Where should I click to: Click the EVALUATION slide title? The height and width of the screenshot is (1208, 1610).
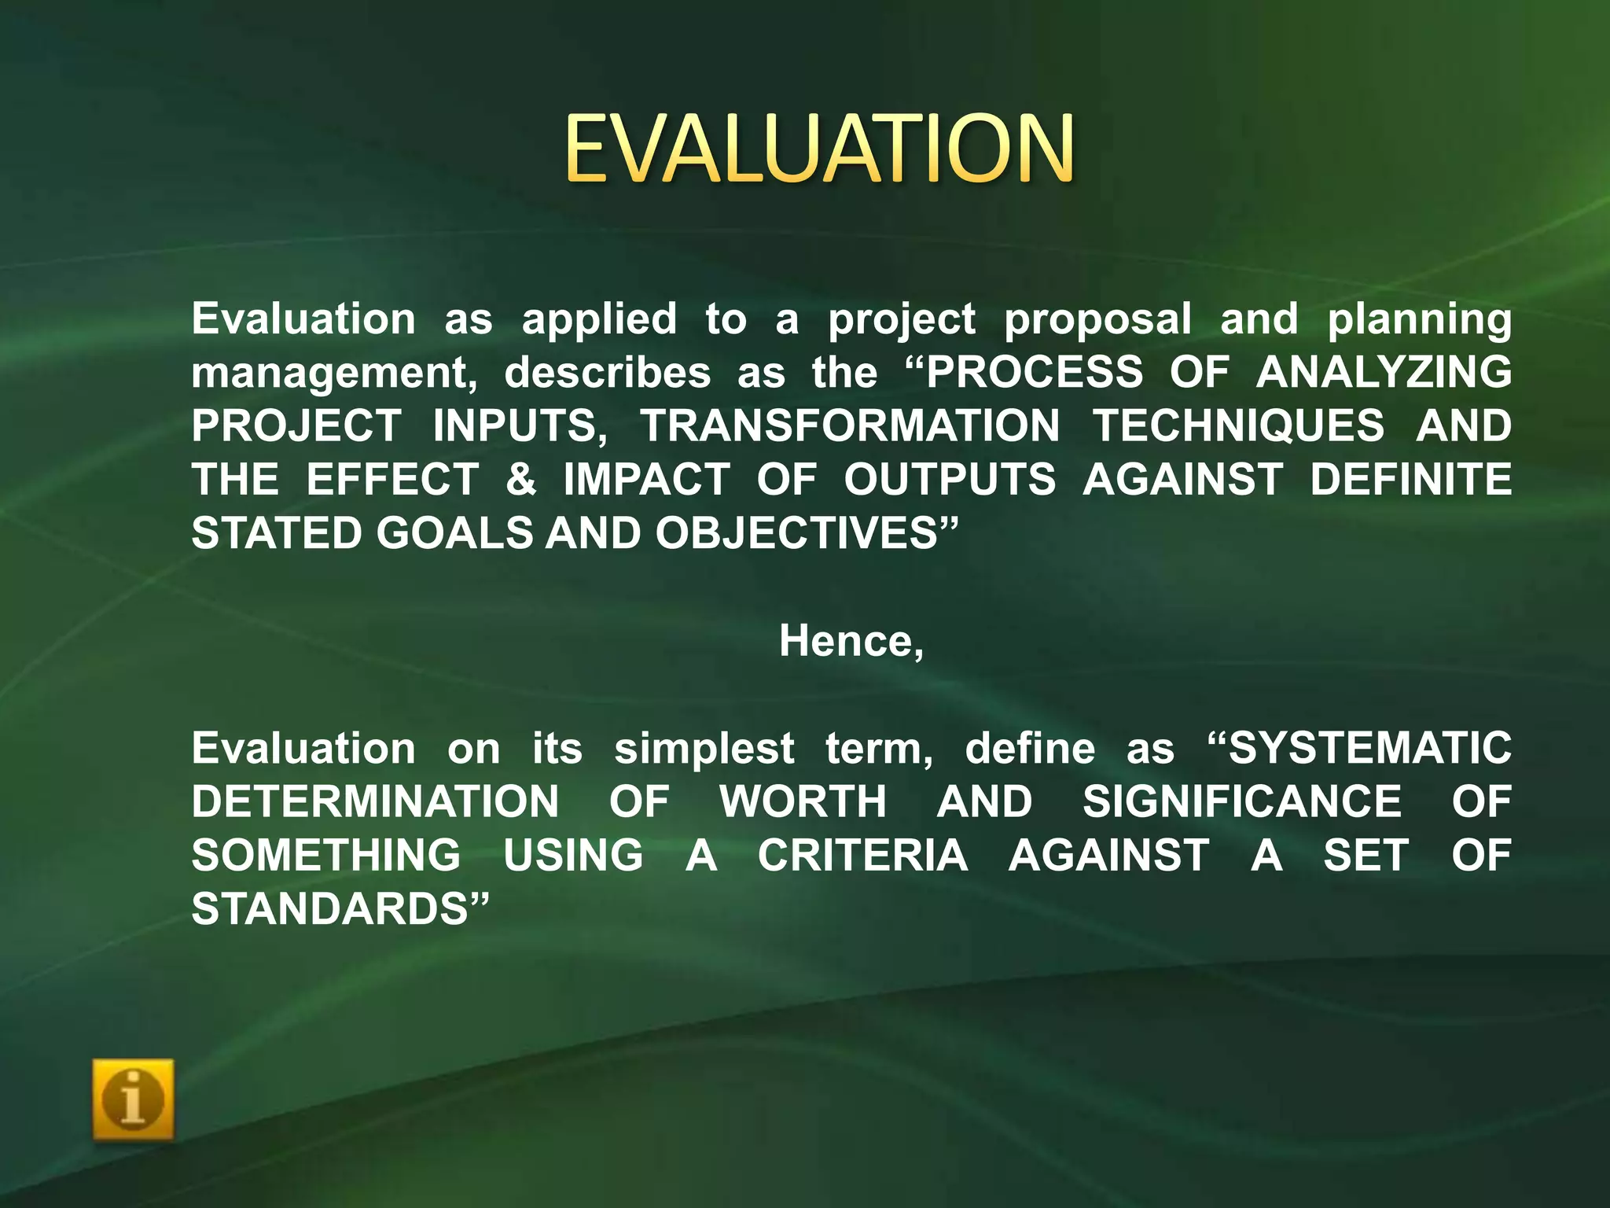(x=818, y=148)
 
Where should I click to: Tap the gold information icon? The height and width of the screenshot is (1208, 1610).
(x=133, y=1099)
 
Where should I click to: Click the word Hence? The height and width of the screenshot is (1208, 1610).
(x=847, y=641)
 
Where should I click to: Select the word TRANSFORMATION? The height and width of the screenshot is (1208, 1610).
(x=850, y=425)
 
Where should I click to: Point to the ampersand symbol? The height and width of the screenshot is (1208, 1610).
(x=521, y=479)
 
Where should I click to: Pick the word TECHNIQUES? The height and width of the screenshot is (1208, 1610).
(x=1238, y=425)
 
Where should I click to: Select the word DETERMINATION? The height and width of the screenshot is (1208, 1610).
(x=375, y=801)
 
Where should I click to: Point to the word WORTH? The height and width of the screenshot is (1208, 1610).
(x=803, y=801)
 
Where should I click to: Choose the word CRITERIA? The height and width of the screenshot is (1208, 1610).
(x=862, y=855)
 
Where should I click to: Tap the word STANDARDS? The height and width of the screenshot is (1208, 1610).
(x=331, y=909)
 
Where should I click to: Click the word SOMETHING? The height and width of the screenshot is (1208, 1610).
(x=326, y=855)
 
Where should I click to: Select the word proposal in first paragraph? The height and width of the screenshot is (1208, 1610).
(x=1097, y=320)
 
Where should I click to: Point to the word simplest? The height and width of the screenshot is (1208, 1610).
(x=704, y=749)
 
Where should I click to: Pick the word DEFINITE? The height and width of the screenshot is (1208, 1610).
(x=1410, y=479)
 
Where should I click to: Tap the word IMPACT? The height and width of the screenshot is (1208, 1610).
(x=646, y=479)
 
